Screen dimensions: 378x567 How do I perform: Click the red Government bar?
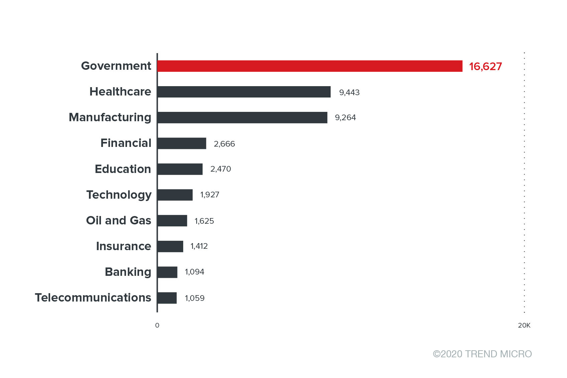coord(310,66)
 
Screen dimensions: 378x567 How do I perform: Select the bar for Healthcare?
coord(244,92)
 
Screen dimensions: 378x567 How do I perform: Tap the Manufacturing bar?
coord(242,118)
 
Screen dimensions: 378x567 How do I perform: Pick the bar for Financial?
coord(182,143)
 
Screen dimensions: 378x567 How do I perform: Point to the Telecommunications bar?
coord(167,298)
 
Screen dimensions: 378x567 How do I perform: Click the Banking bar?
coord(167,272)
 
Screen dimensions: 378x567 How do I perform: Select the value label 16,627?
coord(485,66)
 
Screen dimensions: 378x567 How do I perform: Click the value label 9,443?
coord(349,92)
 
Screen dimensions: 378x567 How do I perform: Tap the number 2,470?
coord(221,169)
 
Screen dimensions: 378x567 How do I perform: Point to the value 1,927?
coord(210,195)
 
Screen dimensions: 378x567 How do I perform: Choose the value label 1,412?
coord(199,246)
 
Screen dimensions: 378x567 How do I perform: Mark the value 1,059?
coord(195,298)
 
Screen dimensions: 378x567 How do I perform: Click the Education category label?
coord(123,169)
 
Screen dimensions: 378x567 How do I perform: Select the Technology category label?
coord(119,195)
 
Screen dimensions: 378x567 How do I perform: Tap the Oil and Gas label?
coord(119,220)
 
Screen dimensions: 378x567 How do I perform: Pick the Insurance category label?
coord(123,246)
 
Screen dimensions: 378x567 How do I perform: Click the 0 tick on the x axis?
coord(157,325)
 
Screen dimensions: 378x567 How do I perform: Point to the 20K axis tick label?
coord(524,325)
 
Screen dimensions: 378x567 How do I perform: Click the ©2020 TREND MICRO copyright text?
coord(482,354)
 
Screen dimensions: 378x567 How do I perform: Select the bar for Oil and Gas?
coord(172,221)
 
